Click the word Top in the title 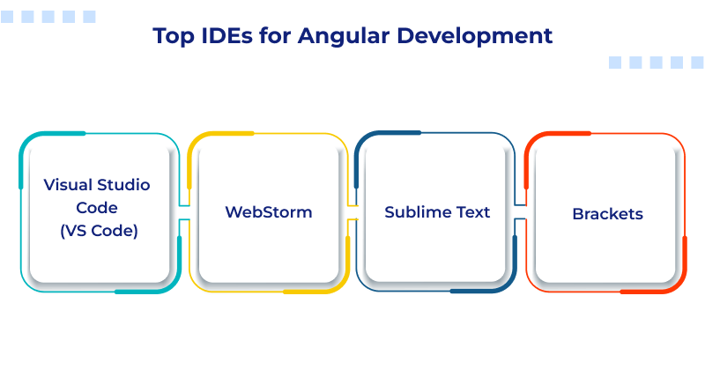coord(172,36)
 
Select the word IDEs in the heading coord(226,36)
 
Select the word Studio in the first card coord(125,185)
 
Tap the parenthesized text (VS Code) coord(98,231)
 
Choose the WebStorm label coord(268,212)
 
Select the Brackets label coord(607,213)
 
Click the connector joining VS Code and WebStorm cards coord(183,212)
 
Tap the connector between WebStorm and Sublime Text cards coord(352,212)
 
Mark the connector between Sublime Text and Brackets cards coord(521,212)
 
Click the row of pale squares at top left coord(49,17)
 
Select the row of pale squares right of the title coord(656,63)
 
